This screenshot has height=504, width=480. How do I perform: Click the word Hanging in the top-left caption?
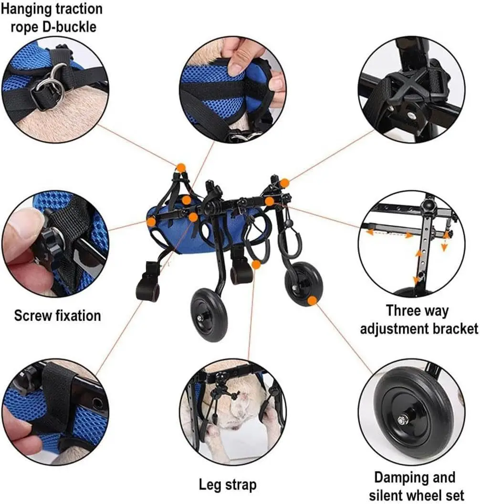(x=26, y=10)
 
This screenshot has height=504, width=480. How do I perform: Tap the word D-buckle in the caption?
(x=70, y=27)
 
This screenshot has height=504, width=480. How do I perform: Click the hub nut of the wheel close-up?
(x=402, y=420)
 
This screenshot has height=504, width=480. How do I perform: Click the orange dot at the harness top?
(x=181, y=167)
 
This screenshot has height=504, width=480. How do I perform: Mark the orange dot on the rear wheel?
(x=312, y=301)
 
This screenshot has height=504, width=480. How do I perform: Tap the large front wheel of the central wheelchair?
(x=209, y=315)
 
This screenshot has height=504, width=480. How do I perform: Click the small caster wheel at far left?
(x=147, y=289)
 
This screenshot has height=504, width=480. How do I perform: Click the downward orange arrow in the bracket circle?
(x=444, y=247)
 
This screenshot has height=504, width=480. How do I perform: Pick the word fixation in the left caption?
(x=78, y=316)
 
